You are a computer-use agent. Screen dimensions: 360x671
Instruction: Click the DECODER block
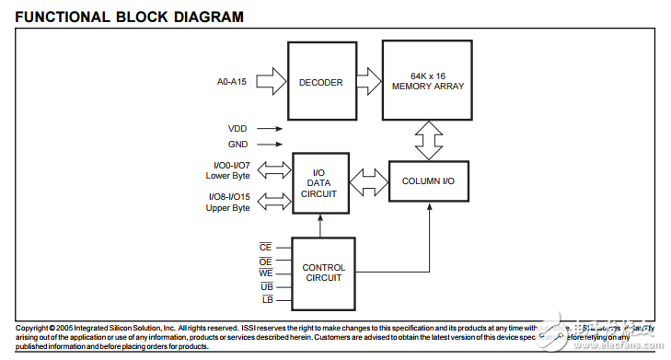point(320,83)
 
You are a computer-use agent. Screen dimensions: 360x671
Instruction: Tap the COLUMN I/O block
point(428,181)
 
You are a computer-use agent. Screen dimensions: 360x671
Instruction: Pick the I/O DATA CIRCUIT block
point(318,183)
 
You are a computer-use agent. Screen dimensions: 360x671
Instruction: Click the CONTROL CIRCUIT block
point(324,273)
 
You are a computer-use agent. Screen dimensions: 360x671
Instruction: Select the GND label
point(237,145)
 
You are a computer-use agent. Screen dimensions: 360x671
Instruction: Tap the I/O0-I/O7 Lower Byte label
point(227,170)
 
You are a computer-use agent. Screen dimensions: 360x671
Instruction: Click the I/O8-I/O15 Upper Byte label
point(227,202)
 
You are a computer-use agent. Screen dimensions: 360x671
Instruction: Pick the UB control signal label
point(267,287)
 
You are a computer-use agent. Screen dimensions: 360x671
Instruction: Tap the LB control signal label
point(267,300)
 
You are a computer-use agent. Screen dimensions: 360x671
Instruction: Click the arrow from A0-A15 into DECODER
point(272,83)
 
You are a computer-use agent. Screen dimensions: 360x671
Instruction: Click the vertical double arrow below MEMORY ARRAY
point(428,141)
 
